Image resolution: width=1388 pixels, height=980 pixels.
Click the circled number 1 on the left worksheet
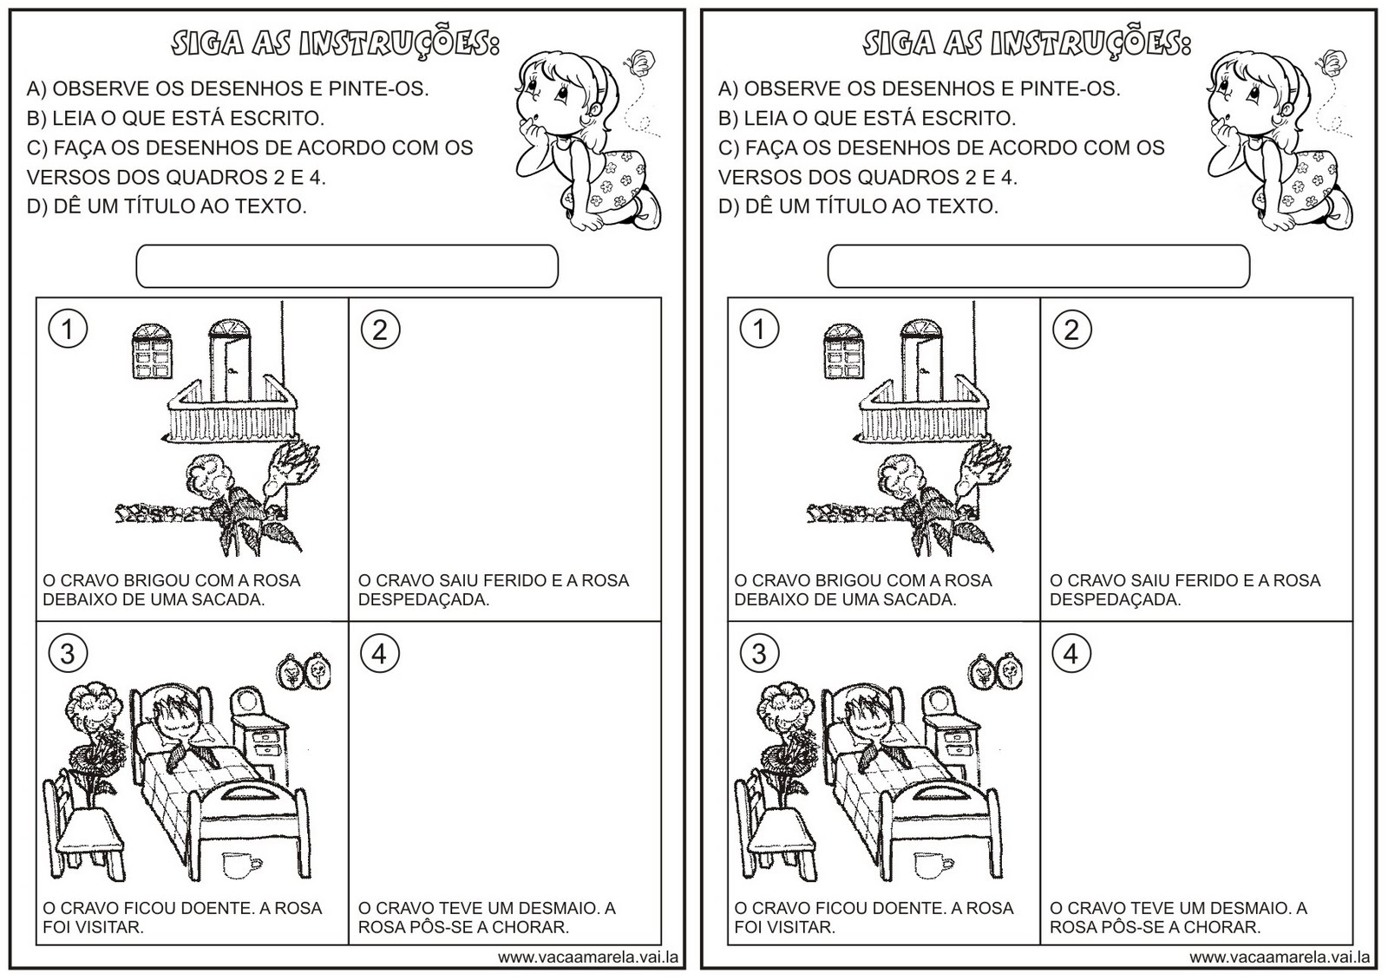68,330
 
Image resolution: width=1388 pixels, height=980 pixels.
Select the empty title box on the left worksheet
347,266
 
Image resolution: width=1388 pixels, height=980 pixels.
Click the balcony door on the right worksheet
921,356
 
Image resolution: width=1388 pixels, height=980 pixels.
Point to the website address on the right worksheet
1280,957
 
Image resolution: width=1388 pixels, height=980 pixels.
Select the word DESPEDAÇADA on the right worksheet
1115,599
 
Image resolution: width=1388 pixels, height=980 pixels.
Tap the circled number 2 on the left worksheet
379,330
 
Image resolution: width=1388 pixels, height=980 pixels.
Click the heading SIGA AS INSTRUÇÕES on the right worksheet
1026,43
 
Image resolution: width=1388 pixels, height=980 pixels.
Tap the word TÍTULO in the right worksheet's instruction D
869,206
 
